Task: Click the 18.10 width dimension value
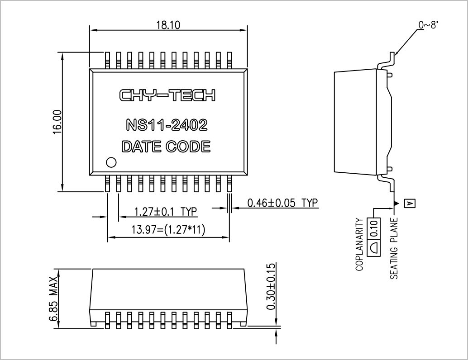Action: [x=169, y=25]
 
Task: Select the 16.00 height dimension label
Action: [x=57, y=122]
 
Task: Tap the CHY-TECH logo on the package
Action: [x=167, y=95]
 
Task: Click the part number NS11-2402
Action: [x=167, y=125]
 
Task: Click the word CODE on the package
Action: [x=188, y=147]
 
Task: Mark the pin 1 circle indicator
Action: [x=111, y=162]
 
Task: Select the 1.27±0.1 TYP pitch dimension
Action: [x=166, y=212]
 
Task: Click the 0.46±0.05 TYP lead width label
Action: [x=282, y=203]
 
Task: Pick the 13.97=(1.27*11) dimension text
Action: [x=168, y=230]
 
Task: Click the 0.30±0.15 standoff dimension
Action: [x=271, y=287]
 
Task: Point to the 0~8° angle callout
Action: [x=429, y=25]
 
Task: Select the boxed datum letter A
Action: [x=410, y=204]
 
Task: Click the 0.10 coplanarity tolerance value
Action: [x=375, y=229]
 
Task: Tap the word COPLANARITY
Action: [x=360, y=245]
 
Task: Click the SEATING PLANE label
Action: [x=394, y=248]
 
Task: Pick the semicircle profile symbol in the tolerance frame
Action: [x=374, y=247]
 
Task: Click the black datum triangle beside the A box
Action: [x=396, y=204]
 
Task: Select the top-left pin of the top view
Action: [x=107, y=60]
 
